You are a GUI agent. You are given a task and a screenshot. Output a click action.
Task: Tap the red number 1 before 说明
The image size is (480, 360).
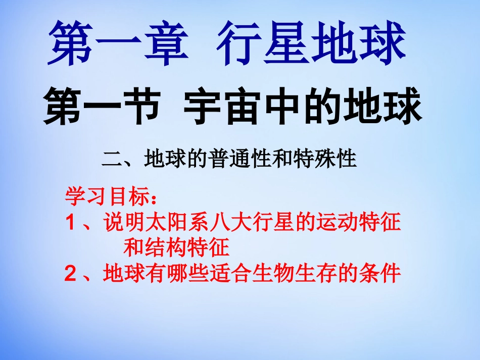click(71, 222)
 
